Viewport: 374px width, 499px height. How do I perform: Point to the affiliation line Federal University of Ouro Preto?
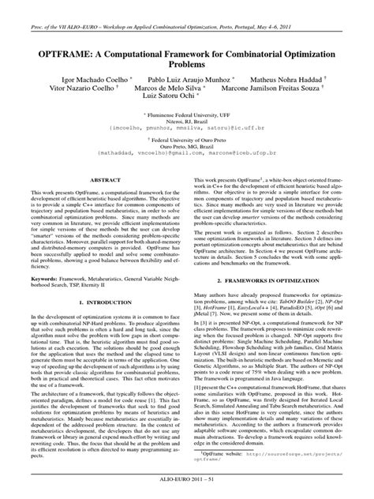click(188, 138)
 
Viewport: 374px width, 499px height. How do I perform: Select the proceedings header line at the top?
click(187, 6)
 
